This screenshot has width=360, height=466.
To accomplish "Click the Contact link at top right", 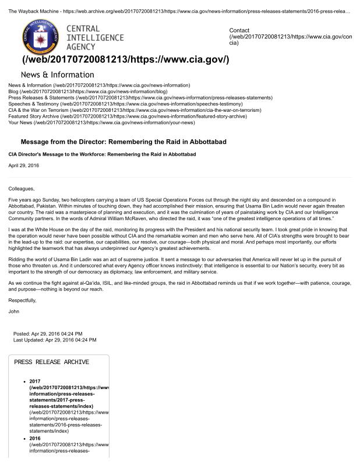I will pyautogui.click(x=239, y=30).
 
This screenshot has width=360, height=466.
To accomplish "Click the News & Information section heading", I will pyautogui.click(x=57, y=75).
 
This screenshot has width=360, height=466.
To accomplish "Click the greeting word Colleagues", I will pyautogui.click(x=22, y=188).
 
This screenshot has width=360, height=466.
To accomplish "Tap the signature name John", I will pyautogui.click(x=14, y=311).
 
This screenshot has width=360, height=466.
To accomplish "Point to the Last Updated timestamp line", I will pyautogui.click(x=55, y=340).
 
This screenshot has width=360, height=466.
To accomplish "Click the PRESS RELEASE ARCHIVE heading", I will pyautogui.click(x=52, y=362).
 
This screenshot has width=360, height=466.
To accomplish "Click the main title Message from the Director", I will pyautogui.click(x=123, y=142).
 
